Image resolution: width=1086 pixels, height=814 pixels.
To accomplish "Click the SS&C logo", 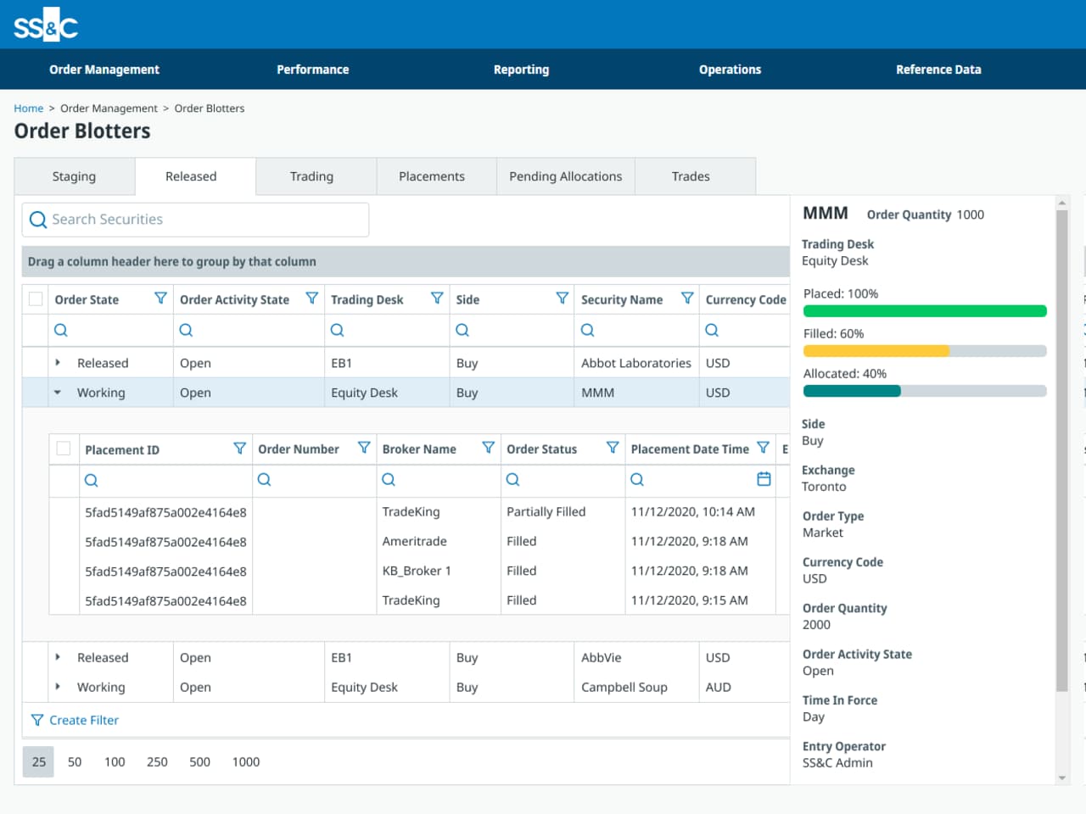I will pyautogui.click(x=46, y=25).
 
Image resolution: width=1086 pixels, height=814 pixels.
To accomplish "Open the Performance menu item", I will pyautogui.click(x=312, y=70).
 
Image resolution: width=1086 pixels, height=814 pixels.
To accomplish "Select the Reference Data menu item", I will pyautogui.click(x=938, y=70).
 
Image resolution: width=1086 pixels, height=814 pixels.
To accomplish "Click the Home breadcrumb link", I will pyautogui.click(x=28, y=109).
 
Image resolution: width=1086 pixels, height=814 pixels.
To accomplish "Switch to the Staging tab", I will pyautogui.click(x=74, y=176).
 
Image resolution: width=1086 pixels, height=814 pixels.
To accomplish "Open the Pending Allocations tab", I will pyautogui.click(x=565, y=176).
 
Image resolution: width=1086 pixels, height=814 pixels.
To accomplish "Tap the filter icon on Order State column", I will pyautogui.click(x=160, y=298).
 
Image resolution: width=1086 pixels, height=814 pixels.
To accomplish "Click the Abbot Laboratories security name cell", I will pyautogui.click(x=635, y=363).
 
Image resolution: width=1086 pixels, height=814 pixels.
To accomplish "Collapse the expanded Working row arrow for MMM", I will pyautogui.click(x=58, y=393).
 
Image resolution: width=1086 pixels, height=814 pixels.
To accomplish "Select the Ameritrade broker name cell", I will pyautogui.click(x=414, y=541).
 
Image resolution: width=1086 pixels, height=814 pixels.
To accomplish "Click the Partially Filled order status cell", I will pyautogui.click(x=546, y=512).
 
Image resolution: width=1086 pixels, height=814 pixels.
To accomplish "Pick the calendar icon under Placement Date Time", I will pyautogui.click(x=764, y=479).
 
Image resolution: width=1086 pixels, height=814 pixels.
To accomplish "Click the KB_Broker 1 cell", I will pyautogui.click(x=417, y=571).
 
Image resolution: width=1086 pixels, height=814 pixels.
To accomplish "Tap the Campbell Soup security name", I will pyautogui.click(x=624, y=687).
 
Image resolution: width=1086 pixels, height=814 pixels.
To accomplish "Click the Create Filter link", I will pyautogui.click(x=83, y=720).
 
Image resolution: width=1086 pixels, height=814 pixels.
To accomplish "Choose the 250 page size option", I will pyautogui.click(x=157, y=761).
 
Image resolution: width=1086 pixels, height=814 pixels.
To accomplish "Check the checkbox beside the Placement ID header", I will pyautogui.click(x=64, y=449).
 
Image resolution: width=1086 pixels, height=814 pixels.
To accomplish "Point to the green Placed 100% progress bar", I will pyautogui.click(x=924, y=311).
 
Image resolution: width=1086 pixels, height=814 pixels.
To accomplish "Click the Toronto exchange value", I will pyautogui.click(x=824, y=487).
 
